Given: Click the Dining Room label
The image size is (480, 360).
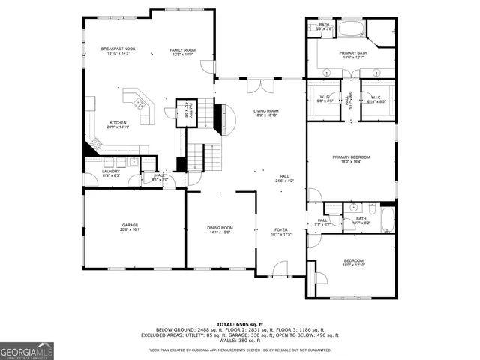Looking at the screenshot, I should tap(220, 229).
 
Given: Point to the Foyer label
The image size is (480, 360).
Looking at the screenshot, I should tap(280, 232).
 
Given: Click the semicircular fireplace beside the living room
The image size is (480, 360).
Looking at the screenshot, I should tap(221, 119).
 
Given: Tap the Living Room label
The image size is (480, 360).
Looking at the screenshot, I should tap(265, 113).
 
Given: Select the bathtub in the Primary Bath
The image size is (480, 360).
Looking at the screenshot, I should tap(349, 31).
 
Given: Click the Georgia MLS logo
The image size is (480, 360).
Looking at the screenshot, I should tap(27, 350).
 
